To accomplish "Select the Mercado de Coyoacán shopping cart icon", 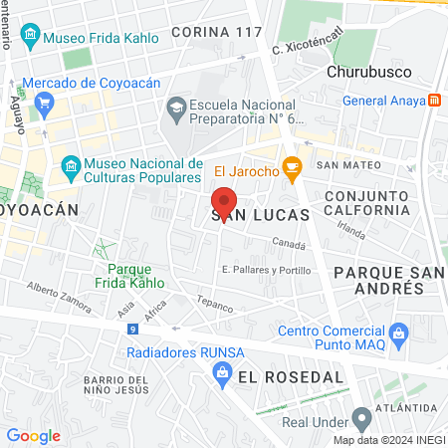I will [43, 103].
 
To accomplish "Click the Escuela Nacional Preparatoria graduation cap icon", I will [175, 107].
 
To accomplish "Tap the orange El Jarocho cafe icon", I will [292, 169].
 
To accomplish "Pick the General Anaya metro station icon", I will [435, 100].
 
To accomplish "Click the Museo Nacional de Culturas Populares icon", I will [71, 164].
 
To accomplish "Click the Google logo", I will [33, 435].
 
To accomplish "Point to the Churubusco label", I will [361, 72].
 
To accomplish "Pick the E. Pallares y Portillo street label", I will [266, 270].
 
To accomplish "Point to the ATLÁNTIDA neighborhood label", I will [408, 408].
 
